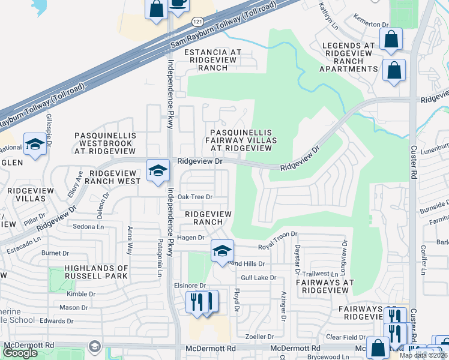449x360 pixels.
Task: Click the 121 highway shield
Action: pos(197,22)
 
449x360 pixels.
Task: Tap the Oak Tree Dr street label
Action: pos(195,197)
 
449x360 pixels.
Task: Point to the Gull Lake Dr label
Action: pos(258,278)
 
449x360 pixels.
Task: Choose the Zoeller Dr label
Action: pos(263,337)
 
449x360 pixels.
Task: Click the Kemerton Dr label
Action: pos(372,24)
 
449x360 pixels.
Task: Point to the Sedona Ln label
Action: pos(88,227)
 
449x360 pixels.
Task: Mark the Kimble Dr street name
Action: pos(82,294)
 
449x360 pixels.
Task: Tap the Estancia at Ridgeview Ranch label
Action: pos(212,60)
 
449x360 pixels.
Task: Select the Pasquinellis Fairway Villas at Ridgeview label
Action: pos(241,140)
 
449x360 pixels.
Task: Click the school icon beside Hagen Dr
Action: pos(221,251)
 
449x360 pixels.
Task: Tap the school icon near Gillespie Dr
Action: pos(35,145)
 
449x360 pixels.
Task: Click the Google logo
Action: pos(20,352)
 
